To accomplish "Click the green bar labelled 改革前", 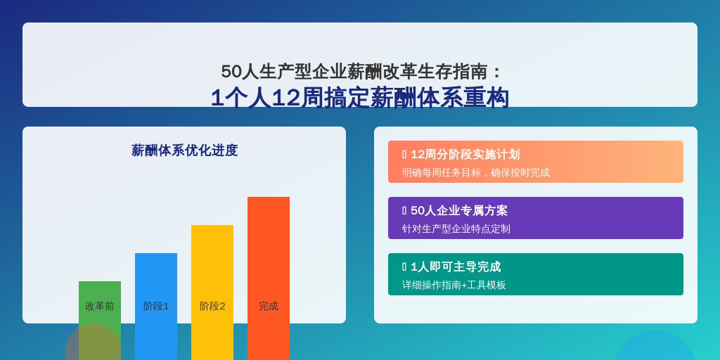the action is [100, 321].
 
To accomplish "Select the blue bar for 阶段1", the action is [155, 307].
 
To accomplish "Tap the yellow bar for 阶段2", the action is [212, 292].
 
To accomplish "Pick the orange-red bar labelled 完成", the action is [268, 278].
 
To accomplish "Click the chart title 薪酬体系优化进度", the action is [184, 150].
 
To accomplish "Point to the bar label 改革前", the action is [100, 307].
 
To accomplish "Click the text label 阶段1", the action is [156, 307].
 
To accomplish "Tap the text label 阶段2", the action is [212, 307].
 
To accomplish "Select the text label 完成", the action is [268, 307].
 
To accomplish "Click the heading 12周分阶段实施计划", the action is [465, 154].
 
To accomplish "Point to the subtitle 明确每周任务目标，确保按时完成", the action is [476, 173].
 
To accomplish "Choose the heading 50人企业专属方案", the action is [459, 210].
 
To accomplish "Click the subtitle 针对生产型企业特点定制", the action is [456, 229].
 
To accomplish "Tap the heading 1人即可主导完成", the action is [456, 266].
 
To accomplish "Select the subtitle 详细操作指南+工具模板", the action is [454, 285].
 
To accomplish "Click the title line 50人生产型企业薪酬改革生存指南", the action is [356, 72].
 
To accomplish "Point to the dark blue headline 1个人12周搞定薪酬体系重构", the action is [360, 97].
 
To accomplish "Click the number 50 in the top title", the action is [231, 72].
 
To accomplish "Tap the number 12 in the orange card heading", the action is [418, 154].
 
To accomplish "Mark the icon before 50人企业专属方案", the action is [404, 210].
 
